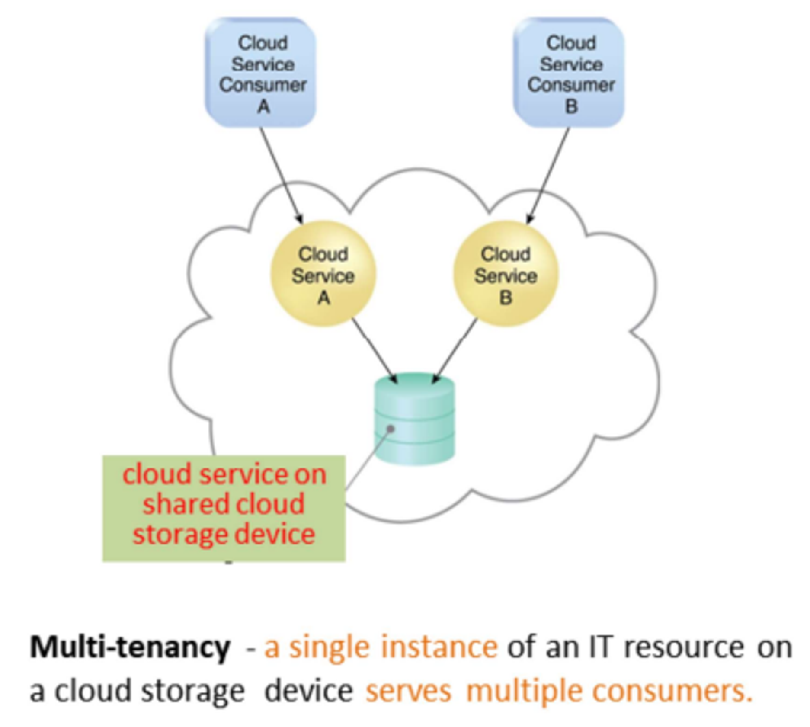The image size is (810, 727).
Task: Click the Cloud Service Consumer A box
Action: [x=261, y=73]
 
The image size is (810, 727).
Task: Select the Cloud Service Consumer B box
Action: [x=569, y=73]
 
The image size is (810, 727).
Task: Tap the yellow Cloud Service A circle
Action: [x=323, y=274]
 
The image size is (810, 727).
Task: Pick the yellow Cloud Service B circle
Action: [x=506, y=274]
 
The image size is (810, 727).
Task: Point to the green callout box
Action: [x=224, y=508]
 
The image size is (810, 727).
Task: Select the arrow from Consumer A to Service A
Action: [x=281, y=175]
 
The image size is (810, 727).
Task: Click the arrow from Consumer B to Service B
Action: [x=548, y=175]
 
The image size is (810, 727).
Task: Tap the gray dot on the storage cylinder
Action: [x=390, y=429]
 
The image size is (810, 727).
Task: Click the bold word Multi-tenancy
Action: [x=130, y=647]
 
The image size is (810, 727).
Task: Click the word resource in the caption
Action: [x=684, y=647]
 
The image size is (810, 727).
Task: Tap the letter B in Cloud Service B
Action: [x=506, y=298]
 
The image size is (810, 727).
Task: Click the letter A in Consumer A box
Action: [x=263, y=106]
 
